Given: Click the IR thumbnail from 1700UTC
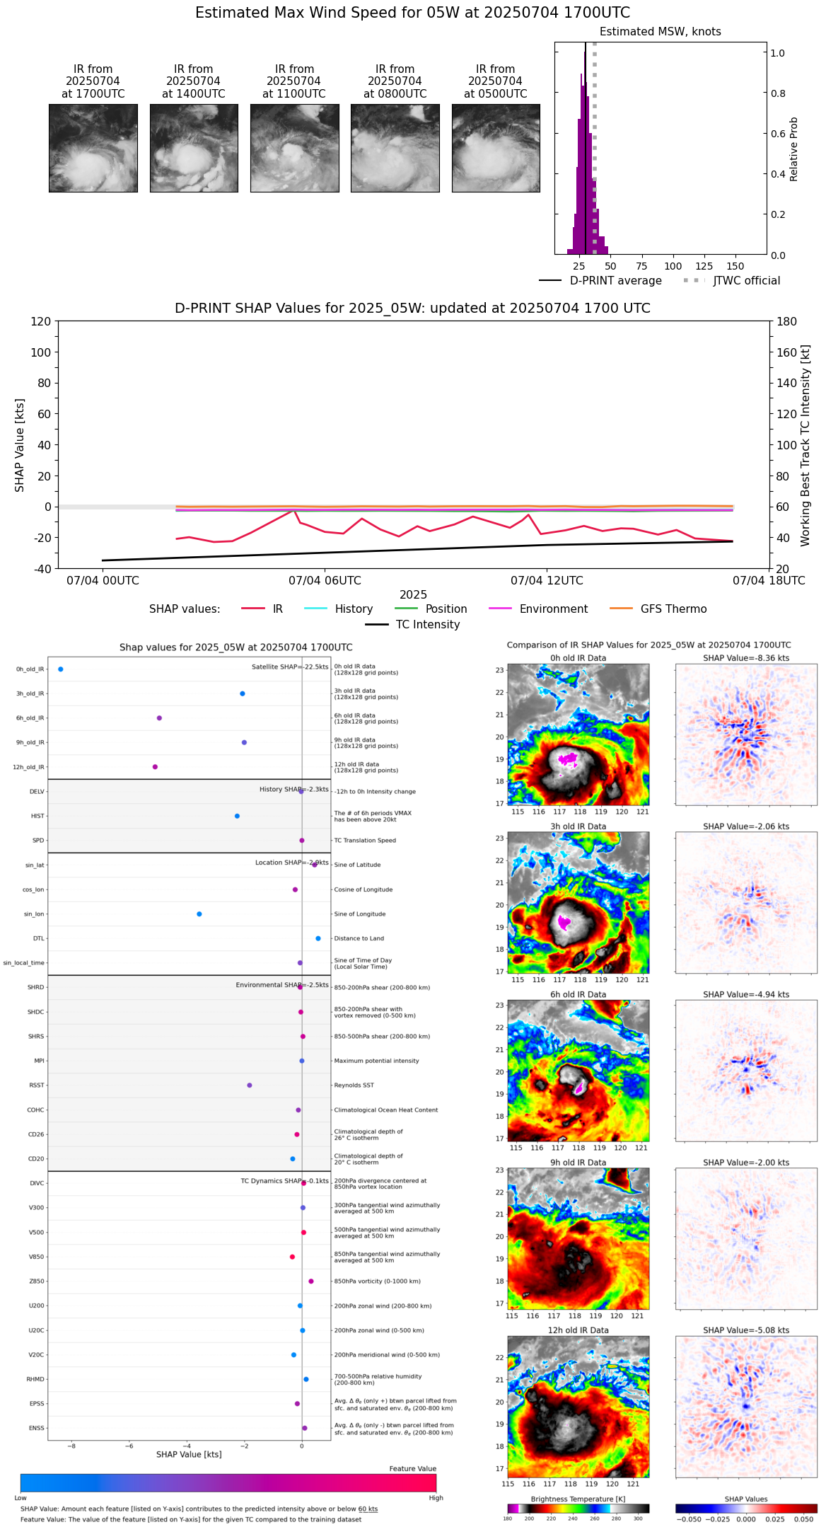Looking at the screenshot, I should tap(93, 148).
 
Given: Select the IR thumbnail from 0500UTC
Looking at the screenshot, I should tap(496, 148).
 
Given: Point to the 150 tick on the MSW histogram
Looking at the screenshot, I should tap(735, 266).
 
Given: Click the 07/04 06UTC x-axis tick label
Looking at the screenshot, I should tap(325, 581).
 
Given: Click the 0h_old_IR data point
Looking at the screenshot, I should tap(61, 669).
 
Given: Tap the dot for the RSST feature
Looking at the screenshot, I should tap(250, 1085).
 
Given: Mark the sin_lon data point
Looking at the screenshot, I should tap(199, 914).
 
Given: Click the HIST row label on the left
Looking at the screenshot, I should tap(37, 817).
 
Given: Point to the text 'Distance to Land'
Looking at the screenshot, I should tap(360, 939).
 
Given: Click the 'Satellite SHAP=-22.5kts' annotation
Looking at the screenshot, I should tap(290, 667).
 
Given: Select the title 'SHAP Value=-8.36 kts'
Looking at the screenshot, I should tap(746, 658).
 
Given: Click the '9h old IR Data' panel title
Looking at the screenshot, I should tap(578, 1163).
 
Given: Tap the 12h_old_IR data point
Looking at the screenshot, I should tap(155, 767).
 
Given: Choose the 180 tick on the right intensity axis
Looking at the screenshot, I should tap(787, 322).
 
